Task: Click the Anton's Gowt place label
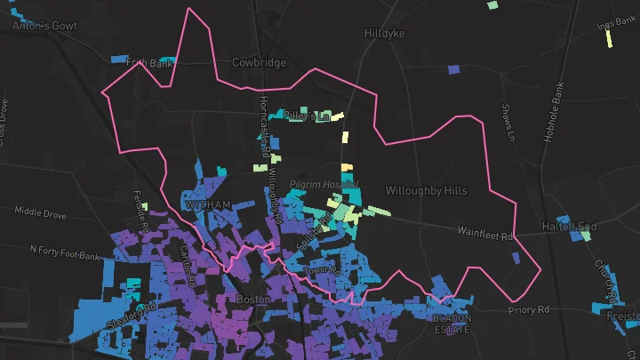tap(44, 26)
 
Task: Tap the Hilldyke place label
tap(384, 33)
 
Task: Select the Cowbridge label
tap(259, 63)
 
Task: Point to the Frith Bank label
tap(148, 63)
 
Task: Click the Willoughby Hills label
tap(425, 190)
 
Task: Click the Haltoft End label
tap(569, 228)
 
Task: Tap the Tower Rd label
tap(323, 268)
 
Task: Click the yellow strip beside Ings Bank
tap(609, 38)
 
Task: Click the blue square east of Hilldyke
tap(453, 68)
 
